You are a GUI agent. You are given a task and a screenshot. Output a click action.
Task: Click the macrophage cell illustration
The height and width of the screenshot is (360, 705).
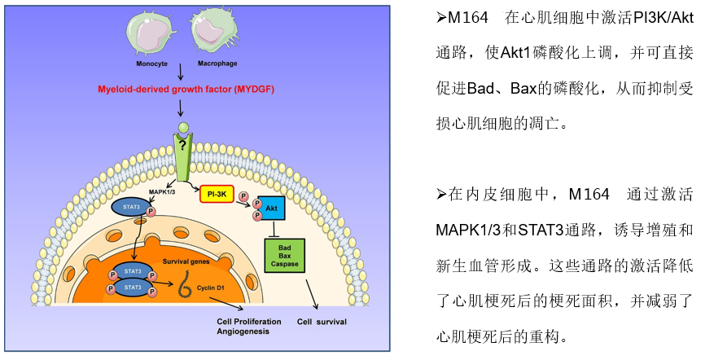point(212,30)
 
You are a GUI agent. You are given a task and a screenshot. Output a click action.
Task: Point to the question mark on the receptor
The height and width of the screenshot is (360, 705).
point(184,145)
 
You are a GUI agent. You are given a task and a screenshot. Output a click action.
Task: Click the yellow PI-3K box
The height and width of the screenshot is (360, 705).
point(217,194)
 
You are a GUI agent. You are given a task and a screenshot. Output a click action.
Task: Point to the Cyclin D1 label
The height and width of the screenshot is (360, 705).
point(213,289)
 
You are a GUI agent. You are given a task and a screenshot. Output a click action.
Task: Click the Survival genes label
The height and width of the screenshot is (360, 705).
point(186,261)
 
